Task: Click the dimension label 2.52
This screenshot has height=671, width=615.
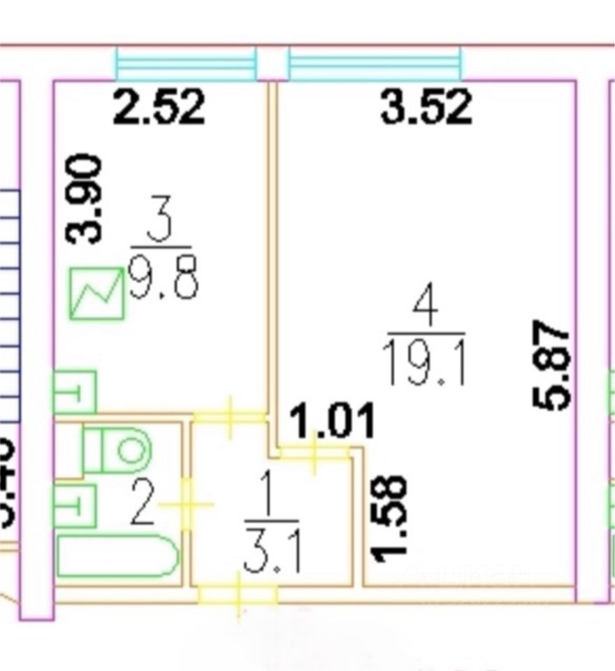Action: (159, 108)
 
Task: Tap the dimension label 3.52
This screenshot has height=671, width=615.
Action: (426, 108)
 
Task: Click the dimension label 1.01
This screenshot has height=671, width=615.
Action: (333, 421)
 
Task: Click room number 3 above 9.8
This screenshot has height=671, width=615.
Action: (161, 224)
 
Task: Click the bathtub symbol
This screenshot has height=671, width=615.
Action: (117, 556)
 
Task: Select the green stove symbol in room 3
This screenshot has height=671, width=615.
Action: (96, 294)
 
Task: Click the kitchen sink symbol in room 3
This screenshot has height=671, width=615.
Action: (75, 392)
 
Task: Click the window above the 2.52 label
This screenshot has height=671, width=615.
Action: (186, 64)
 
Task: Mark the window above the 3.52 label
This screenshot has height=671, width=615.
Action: (375, 64)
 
